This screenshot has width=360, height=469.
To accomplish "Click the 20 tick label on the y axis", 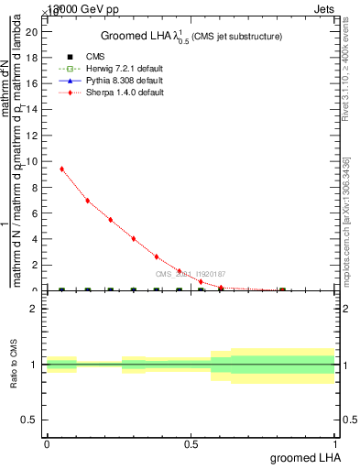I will pos(33,32).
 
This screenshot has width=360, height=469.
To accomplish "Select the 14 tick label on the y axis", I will pos(33,109).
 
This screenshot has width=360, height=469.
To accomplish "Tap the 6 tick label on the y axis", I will pos(36,213).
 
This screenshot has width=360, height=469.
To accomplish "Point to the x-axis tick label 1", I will pos(335,444).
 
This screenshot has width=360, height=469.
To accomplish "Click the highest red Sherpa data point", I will pos(61,169).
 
